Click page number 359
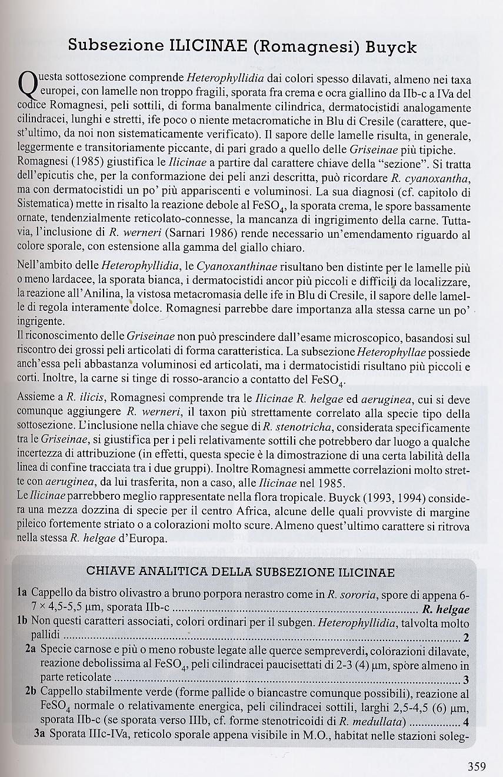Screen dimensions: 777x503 [477, 766]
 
